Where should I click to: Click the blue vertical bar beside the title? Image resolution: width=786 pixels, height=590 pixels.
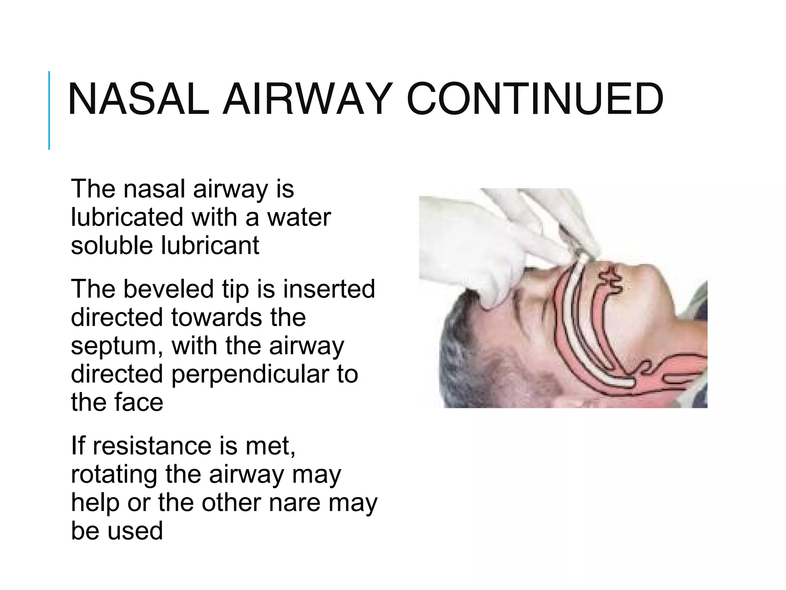click(49, 110)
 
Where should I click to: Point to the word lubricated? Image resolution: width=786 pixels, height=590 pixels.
click(127, 217)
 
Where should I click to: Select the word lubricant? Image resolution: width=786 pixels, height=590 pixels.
click(210, 246)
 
